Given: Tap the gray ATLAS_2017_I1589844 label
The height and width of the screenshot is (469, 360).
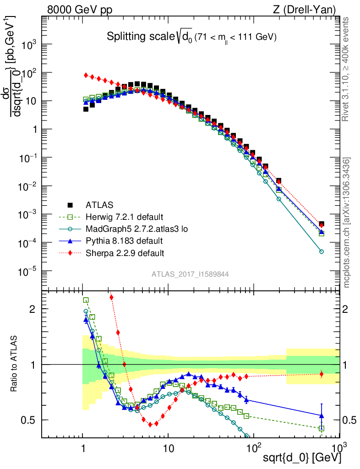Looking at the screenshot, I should click(190, 274).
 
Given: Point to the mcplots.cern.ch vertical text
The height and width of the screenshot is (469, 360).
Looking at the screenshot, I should click(347, 223).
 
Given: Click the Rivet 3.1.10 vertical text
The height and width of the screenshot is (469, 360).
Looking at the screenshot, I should click(347, 69).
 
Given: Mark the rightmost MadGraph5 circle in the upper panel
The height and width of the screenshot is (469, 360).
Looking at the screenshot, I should click(322, 251).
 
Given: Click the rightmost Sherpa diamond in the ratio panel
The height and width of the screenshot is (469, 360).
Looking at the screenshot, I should click(322, 374).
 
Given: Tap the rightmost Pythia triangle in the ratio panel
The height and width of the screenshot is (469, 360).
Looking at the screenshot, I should click(322, 415).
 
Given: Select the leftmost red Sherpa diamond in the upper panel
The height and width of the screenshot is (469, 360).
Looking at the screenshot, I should click(86, 75).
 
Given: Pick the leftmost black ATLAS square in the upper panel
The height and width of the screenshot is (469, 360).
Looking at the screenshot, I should click(86, 109).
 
